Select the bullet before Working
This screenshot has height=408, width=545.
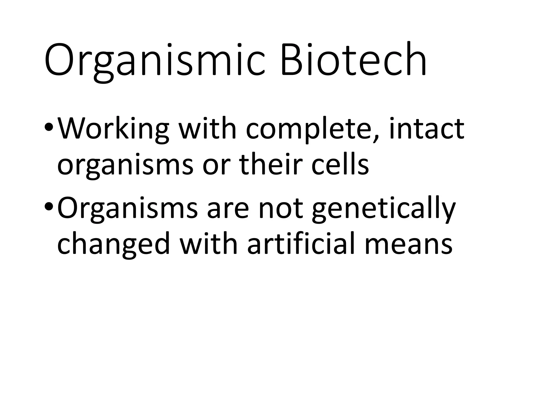point(49,128)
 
